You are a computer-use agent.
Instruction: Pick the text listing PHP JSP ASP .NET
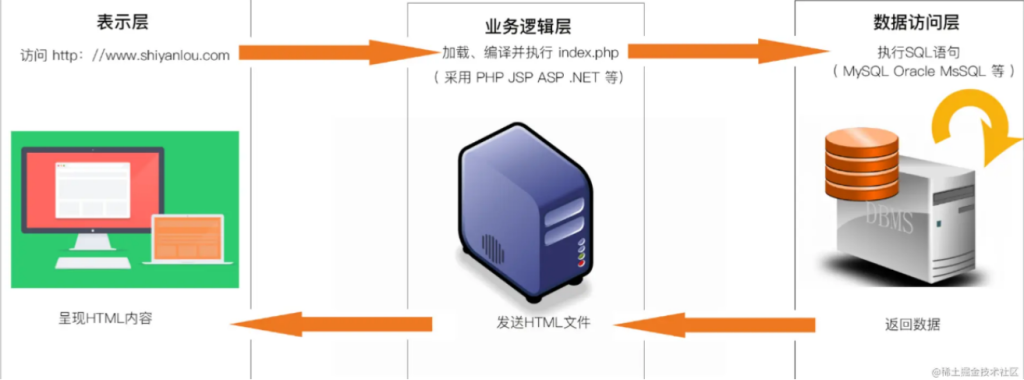(527, 78)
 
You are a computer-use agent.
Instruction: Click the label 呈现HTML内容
(106, 319)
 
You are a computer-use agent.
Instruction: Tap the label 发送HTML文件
(543, 322)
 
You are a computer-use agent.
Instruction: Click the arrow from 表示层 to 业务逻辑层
(328, 52)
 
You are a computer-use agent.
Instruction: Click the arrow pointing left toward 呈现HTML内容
(332, 324)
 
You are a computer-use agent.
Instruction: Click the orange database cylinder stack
(861, 162)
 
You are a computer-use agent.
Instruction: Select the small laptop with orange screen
(187, 239)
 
